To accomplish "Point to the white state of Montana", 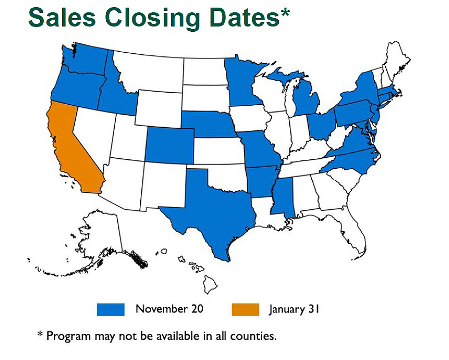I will (150, 72).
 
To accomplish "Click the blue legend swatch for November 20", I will (110, 309).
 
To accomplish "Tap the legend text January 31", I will (294, 309).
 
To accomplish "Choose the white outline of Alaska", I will (100, 234).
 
